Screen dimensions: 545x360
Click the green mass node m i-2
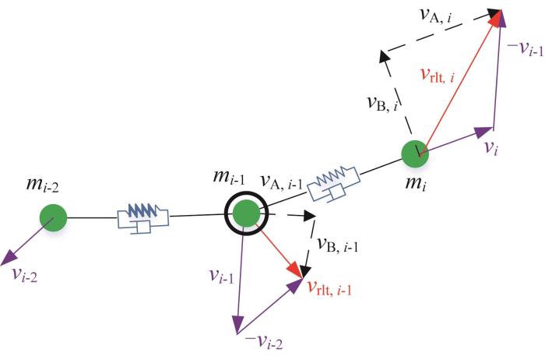53,217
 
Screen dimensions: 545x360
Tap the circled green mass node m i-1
246,214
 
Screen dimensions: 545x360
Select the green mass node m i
415,154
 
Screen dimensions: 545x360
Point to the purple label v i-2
24,275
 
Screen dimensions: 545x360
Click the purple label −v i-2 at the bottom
264,342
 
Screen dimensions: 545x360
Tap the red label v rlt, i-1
330,288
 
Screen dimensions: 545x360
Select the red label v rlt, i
438,75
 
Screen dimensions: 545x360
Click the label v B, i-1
337,245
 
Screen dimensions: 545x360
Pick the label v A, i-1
282,182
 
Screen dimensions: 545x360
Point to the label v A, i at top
436,16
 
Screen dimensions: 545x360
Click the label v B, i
383,104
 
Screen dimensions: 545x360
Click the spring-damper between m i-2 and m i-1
142,218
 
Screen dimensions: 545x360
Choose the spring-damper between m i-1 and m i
334,183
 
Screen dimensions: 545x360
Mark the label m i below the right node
415,183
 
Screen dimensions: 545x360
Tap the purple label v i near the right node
490,149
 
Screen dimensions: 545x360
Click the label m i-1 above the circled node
229,178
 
